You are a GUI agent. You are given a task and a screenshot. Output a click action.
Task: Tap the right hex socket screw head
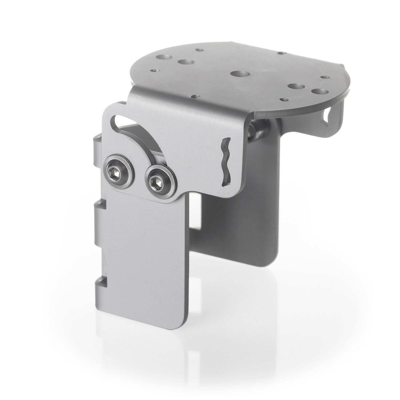pyautogui.click(x=159, y=183)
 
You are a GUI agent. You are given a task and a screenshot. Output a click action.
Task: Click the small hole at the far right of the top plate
pyautogui.click(x=324, y=78)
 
